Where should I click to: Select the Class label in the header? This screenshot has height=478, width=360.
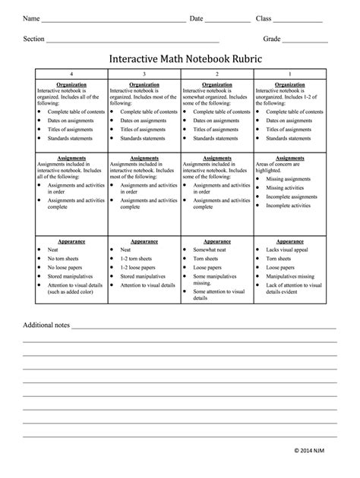click(x=263, y=17)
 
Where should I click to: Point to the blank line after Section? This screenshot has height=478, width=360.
click(x=133, y=40)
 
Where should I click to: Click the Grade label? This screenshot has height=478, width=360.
click(x=272, y=39)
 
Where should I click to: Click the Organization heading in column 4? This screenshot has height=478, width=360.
click(x=71, y=85)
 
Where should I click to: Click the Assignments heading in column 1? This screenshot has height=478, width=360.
click(x=289, y=158)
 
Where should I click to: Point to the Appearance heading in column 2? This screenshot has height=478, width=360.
click(x=217, y=241)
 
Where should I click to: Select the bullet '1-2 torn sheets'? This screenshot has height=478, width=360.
click(x=139, y=259)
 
